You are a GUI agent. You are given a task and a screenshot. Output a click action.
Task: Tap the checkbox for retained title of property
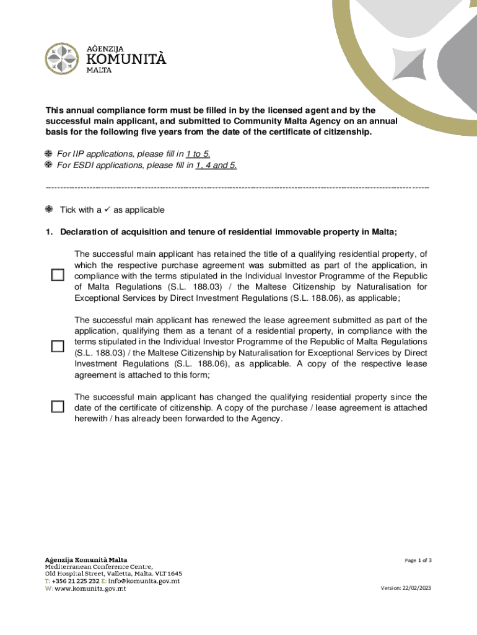58,275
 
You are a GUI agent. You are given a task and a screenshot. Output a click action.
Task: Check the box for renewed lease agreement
58,347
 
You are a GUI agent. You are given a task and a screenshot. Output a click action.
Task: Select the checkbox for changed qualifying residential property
58,407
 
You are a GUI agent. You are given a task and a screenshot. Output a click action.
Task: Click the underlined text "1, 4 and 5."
216,165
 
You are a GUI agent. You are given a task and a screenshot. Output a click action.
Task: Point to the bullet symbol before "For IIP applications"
48,154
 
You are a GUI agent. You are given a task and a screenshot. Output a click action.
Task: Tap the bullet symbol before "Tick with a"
48,210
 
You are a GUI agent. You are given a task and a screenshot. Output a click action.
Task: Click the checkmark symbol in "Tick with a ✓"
107,210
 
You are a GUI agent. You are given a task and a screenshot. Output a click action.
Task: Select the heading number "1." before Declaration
49,232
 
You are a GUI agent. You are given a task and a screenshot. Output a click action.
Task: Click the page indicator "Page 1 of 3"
418,561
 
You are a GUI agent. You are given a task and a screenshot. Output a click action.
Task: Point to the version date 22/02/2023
416,588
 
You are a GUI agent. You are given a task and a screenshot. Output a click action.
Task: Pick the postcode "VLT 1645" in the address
166,574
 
